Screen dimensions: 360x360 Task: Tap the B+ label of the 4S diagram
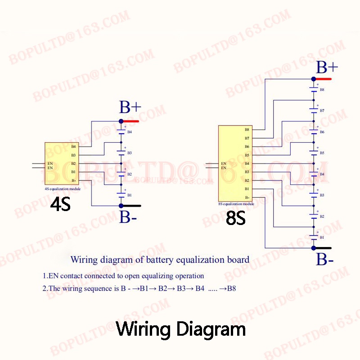click(130, 108)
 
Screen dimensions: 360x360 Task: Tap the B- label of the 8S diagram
click(324, 260)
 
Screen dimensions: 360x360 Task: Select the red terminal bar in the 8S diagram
click(324, 79)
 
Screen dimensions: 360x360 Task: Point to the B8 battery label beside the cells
click(322, 90)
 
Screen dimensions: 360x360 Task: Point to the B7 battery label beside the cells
click(322, 111)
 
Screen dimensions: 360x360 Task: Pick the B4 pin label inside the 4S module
click(73, 147)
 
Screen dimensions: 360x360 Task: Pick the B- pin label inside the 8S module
click(247, 198)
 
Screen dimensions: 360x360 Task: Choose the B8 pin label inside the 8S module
click(247, 130)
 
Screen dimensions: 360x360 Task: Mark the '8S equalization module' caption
click(236, 204)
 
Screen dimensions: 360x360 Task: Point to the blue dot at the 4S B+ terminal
click(121, 121)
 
